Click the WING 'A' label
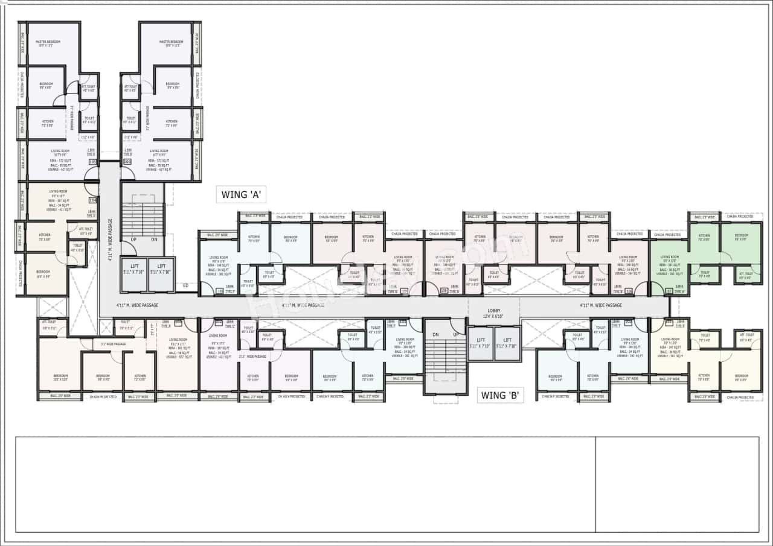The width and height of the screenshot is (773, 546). pyautogui.click(x=241, y=194)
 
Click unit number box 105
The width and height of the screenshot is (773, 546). pyautogui.click(x=92, y=162)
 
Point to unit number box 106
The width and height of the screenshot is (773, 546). pyautogui.click(x=127, y=162)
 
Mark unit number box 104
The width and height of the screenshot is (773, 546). pyautogui.click(x=92, y=200)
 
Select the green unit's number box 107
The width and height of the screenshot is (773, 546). pyautogui.click(x=669, y=291)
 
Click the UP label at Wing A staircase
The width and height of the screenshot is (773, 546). pyautogui.click(x=133, y=240)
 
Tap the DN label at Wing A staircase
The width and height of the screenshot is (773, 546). pyautogui.click(x=153, y=240)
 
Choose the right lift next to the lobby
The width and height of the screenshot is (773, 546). pyautogui.click(x=507, y=343)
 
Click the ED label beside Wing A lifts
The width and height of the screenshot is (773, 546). pyautogui.click(x=185, y=285)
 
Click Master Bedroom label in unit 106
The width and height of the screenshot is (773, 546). pyautogui.click(x=172, y=43)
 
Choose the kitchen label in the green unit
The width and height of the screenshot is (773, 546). pyautogui.click(x=704, y=238)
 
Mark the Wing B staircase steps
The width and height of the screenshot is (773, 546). pyautogui.click(x=445, y=358)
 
